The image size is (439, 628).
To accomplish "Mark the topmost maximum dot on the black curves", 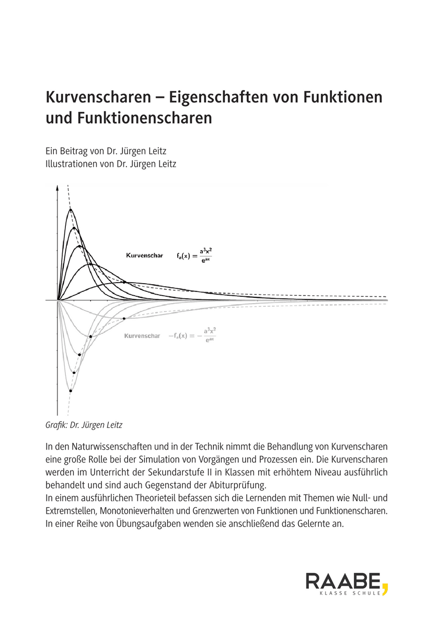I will pos(70,210).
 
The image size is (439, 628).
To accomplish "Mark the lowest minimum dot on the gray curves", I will pos(70,390).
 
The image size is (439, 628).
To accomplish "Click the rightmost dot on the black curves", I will pos(124,282).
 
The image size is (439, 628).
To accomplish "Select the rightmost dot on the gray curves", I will pos(124,319).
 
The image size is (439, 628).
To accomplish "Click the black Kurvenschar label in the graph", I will pos(144,256).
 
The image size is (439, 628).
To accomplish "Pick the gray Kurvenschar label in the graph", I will pos(142,335).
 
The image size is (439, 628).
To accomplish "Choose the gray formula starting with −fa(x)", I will pos(191,336).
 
